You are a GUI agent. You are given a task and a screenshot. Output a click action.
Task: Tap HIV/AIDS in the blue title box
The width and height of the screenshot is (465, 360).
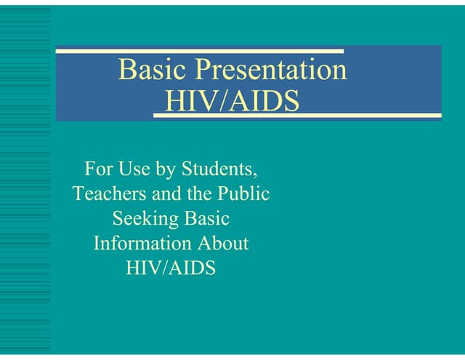(x=232, y=100)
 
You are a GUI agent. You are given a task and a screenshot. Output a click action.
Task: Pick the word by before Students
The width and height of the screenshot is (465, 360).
(x=165, y=171)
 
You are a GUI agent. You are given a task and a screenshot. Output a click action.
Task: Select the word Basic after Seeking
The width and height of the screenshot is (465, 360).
(x=204, y=218)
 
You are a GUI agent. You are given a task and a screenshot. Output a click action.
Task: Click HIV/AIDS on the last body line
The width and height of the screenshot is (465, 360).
(x=171, y=267)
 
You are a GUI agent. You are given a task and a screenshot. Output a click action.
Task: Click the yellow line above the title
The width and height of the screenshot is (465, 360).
(x=200, y=51)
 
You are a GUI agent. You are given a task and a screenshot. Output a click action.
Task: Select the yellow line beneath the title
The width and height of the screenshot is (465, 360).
(x=298, y=116)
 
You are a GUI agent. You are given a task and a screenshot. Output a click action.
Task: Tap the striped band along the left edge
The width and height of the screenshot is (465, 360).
(x=25, y=182)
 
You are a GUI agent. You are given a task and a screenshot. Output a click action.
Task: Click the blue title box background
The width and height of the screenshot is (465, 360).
(x=392, y=80)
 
